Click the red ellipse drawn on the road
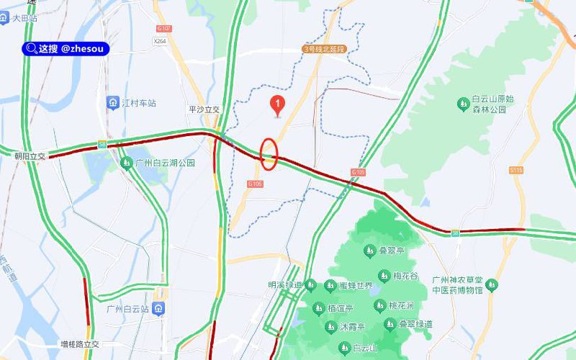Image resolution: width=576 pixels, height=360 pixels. (269, 154)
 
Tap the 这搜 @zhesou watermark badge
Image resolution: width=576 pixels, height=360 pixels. (66, 48)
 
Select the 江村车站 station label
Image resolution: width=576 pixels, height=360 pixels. (132, 103)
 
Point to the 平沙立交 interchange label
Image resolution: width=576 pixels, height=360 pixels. (203, 109)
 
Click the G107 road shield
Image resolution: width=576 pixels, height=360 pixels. (164, 28)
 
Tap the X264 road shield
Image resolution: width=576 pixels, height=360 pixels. (160, 42)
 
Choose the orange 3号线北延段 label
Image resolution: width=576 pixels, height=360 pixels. (325, 50)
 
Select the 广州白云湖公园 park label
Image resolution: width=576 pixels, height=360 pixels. (158, 163)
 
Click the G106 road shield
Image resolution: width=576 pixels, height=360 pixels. (256, 184)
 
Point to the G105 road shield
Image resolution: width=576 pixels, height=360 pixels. (359, 172)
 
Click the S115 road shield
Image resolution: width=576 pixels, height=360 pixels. (515, 170)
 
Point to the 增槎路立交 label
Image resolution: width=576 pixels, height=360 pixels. (80, 345)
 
